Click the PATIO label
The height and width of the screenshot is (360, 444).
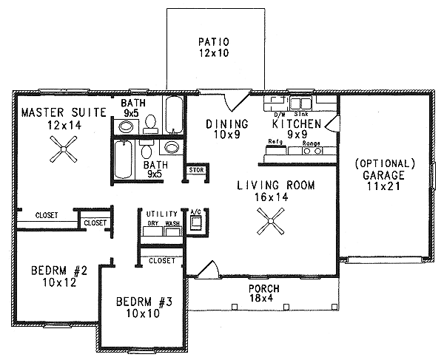click(x=215, y=41)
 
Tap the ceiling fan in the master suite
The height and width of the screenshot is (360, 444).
click(x=64, y=152)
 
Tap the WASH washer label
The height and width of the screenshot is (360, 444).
click(x=172, y=223)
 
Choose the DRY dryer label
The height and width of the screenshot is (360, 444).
click(x=152, y=223)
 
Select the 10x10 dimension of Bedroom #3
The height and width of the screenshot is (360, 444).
click(x=145, y=314)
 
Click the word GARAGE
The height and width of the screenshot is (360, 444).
click(x=385, y=176)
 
